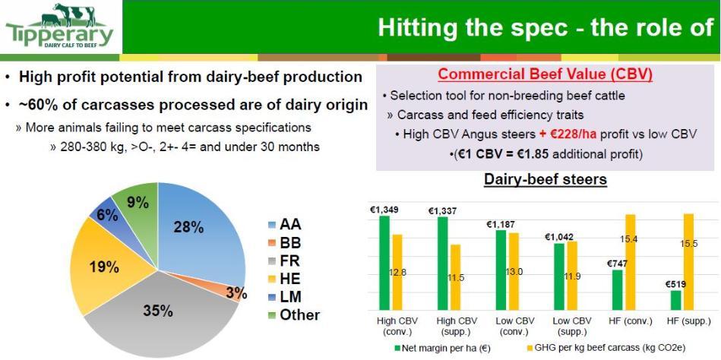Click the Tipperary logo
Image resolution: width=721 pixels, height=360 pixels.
(59, 26)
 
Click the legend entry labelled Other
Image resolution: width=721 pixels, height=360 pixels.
(294, 315)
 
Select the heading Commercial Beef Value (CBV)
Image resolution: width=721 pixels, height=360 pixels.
(545, 74)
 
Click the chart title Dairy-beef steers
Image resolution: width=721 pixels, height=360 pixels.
(545, 179)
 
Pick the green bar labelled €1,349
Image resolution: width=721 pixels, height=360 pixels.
(384, 263)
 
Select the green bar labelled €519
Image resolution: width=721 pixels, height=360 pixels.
(675, 300)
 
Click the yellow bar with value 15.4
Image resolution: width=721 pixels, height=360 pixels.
(630, 262)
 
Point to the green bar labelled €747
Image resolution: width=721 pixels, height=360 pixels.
(618, 290)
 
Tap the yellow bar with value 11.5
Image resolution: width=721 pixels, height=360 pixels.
(455, 277)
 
